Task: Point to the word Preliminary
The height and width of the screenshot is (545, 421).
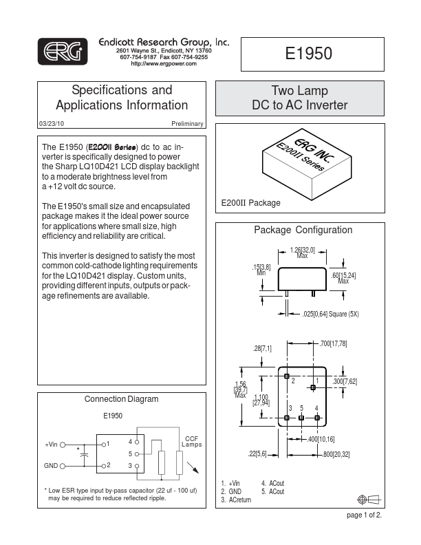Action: click(187, 123)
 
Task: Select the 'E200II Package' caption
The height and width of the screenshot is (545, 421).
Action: click(251, 204)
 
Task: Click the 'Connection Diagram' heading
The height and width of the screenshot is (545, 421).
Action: click(121, 399)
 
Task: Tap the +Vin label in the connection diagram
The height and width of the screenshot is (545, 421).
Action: click(52, 445)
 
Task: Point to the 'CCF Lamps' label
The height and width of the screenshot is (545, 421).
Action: click(191, 442)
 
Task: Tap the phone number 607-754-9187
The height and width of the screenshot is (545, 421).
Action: click(138, 57)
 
